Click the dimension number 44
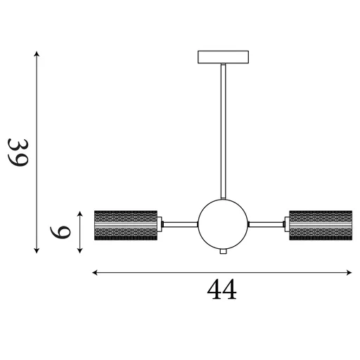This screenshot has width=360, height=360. click(x=221, y=290)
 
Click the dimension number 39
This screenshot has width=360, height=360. click(x=18, y=153)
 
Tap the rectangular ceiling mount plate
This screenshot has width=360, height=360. click(x=223, y=57)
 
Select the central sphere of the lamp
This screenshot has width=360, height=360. click(x=223, y=224)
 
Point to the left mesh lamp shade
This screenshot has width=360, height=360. click(x=126, y=225)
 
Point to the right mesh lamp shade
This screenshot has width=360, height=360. click(x=321, y=225)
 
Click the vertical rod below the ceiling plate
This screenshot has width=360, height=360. click(x=224, y=131)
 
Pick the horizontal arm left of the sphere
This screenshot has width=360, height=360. click(x=180, y=224)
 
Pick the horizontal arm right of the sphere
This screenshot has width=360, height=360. click(x=266, y=224)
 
